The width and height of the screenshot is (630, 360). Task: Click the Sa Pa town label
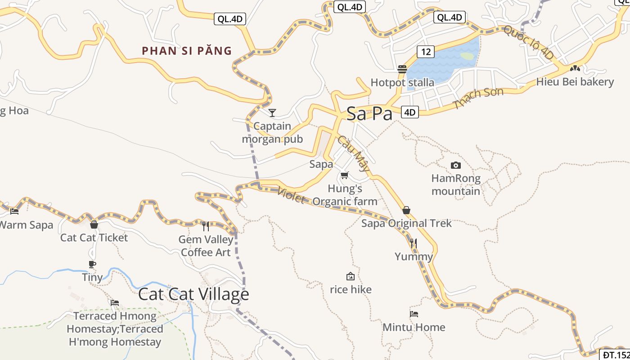point(369,114)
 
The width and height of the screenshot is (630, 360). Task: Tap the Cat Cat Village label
point(193,294)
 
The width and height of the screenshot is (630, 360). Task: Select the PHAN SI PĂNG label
point(187,51)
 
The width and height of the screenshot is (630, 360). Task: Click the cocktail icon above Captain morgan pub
point(272,112)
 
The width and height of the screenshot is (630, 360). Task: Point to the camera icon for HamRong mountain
point(455,165)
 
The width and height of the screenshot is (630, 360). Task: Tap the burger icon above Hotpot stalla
point(402,69)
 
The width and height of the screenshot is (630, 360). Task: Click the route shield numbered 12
point(426,52)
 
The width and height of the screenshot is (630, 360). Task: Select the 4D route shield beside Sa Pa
point(409,112)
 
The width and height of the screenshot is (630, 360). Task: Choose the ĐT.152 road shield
point(616,355)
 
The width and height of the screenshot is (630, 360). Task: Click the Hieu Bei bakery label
point(575,82)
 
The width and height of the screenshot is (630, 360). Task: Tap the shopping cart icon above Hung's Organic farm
point(345,175)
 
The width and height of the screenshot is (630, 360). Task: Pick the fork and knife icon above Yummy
point(413,243)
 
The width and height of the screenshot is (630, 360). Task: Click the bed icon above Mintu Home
point(414,314)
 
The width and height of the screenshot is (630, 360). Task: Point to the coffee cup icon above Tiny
point(92,264)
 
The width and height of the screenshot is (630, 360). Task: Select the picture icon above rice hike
point(351,276)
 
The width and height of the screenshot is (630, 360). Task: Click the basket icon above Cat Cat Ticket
point(94,224)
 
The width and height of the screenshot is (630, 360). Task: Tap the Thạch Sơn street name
point(478,99)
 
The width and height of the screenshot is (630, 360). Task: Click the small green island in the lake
point(467,56)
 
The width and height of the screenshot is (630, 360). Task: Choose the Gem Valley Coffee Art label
point(206,246)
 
